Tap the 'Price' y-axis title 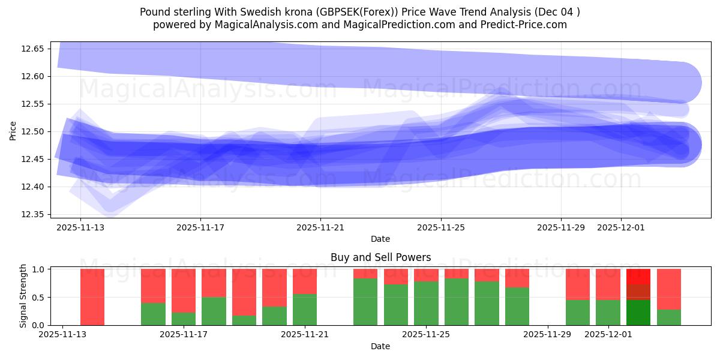point(13,130)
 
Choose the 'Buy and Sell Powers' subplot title point(380,257)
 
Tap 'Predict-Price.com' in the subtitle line point(526,25)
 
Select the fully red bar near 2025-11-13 point(92,297)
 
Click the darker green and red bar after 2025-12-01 point(638,297)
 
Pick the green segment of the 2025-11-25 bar point(426,303)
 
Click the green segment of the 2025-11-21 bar point(304,310)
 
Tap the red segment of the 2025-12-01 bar point(608,284)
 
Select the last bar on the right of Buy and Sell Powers point(668,297)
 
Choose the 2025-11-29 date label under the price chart point(560,227)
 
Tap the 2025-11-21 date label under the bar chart point(304,335)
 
